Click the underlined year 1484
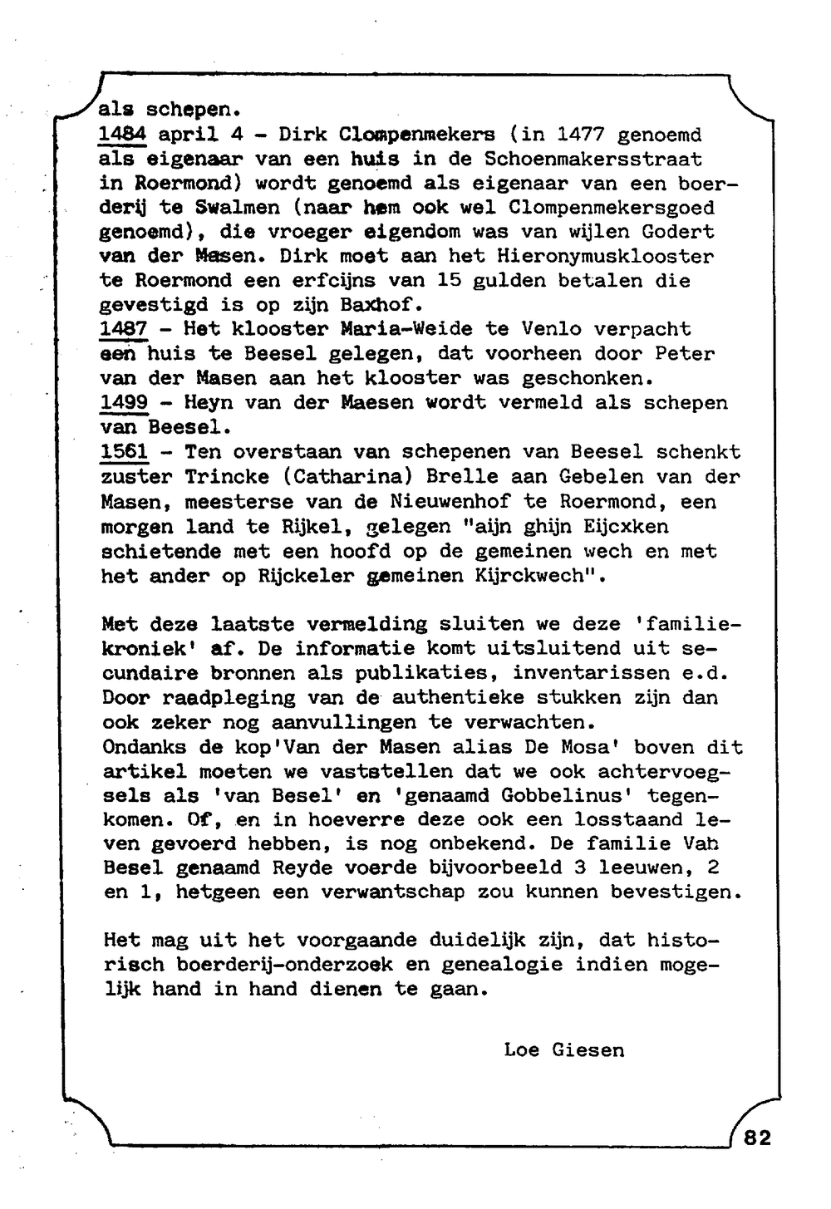tap(122, 135)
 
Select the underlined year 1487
tap(123, 330)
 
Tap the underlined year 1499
tap(124, 403)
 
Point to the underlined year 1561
tap(125, 453)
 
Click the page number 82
tap(758, 1138)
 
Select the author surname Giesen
tap(588, 1050)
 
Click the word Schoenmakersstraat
tap(593, 159)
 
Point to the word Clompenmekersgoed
tap(611, 208)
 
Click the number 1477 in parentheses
tap(582, 135)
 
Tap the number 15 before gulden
tap(448, 281)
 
